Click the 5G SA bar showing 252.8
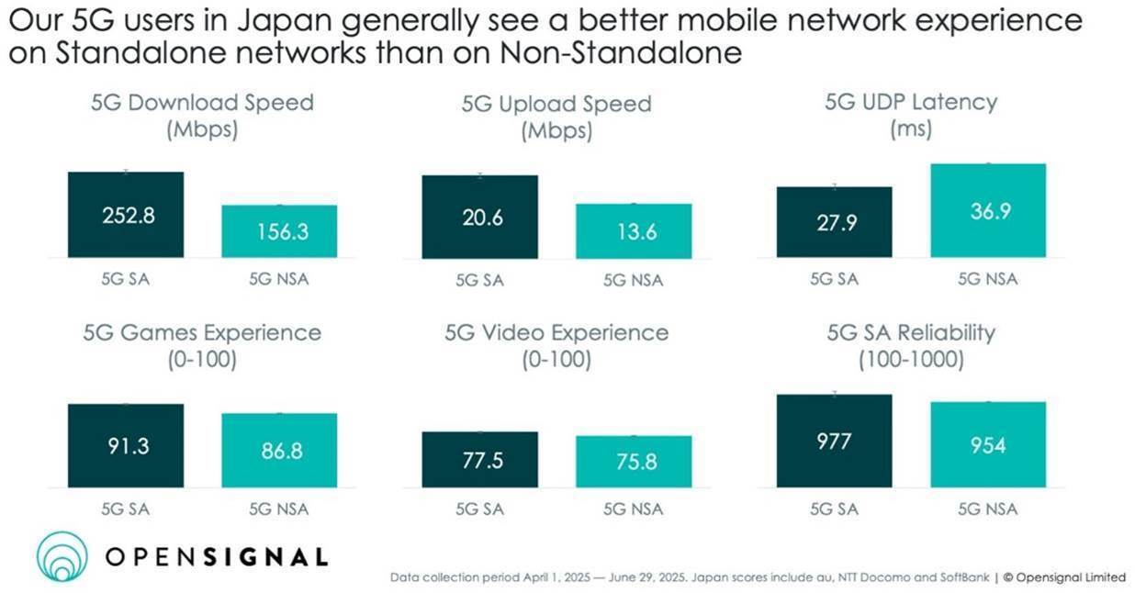tap(126, 215)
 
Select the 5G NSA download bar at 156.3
tap(279, 231)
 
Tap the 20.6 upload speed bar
tap(479, 217)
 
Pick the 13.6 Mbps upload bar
tap(634, 231)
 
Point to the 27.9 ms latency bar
tap(834, 222)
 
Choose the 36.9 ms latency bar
tap(988, 211)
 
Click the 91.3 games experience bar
tap(126, 445)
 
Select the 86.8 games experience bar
tap(279, 450)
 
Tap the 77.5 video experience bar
tap(479, 459)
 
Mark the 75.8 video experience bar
tap(634, 462)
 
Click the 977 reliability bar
tap(834, 441)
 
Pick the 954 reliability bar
tap(988, 444)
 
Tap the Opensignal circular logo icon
tap(62, 557)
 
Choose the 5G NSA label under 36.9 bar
tap(988, 279)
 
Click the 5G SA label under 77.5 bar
tap(479, 509)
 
